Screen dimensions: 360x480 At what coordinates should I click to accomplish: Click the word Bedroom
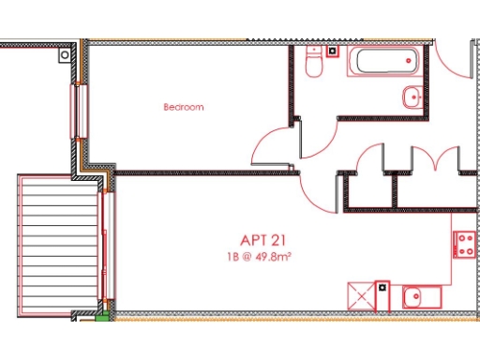click(x=183, y=107)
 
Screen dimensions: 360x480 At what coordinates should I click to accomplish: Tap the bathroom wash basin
click(x=412, y=96)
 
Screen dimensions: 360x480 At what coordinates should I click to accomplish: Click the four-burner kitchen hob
click(x=464, y=246)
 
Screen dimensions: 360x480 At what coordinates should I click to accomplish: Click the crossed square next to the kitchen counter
click(x=361, y=295)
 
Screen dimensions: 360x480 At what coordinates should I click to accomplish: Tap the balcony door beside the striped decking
click(x=108, y=248)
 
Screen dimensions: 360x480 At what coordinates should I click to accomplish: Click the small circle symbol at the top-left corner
click(x=64, y=55)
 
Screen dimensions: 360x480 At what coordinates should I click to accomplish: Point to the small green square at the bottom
click(x=102, y=317)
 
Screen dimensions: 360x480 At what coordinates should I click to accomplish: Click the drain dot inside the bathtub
click(x=409, y=59)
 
